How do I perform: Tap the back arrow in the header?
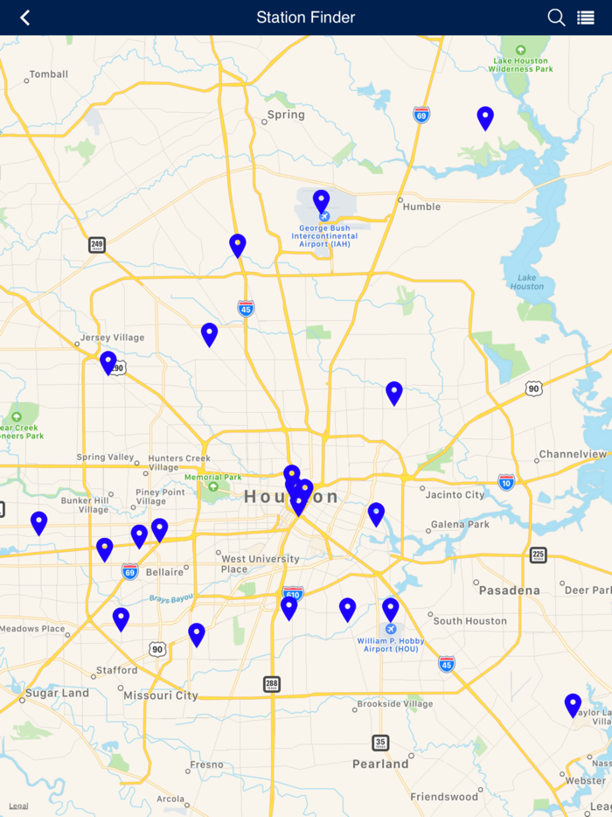click(24, 17)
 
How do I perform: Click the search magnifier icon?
click(556, 17)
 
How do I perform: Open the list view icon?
click(586, 17)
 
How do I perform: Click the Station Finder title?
click(306, 17)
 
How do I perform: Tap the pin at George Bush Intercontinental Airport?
click(321, 200)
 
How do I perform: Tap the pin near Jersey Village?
click(108, 361)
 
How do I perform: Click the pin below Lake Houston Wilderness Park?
click(485, 117)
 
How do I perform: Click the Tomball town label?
click(49, 74)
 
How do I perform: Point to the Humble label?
click(421, 206)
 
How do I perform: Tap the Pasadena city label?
click(509, 590)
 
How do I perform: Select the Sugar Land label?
click(57, 693)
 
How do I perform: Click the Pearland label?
click(380, 764)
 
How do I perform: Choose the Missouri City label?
click(161, 695)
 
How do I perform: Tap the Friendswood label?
click(444, 797)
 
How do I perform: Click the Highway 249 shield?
click(97, 245)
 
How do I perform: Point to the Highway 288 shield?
click(272, 684)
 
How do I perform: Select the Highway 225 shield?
click(539, 555)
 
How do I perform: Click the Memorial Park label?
click(213, 478)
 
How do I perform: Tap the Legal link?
click(18, 806)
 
